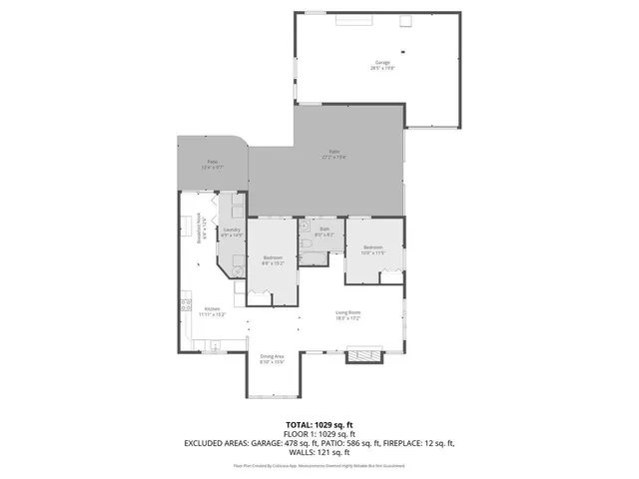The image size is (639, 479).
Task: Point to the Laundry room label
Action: [232, 233]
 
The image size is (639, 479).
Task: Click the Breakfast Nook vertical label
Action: [201, 228]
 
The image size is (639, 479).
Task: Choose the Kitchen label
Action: [214, 311]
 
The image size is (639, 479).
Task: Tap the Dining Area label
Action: [273, 359]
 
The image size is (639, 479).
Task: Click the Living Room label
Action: [347, 315]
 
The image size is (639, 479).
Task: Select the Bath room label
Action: [323, 233]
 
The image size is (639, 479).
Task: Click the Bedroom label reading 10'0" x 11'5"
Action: [373, 248]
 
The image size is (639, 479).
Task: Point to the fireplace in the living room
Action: [362, 354]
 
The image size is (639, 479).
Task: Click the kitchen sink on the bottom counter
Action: [213, 345]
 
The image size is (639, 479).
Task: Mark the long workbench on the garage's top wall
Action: [354, 19]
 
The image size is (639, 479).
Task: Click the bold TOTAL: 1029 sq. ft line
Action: [319, 425]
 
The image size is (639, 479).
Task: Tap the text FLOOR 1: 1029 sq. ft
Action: [319, 433]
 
